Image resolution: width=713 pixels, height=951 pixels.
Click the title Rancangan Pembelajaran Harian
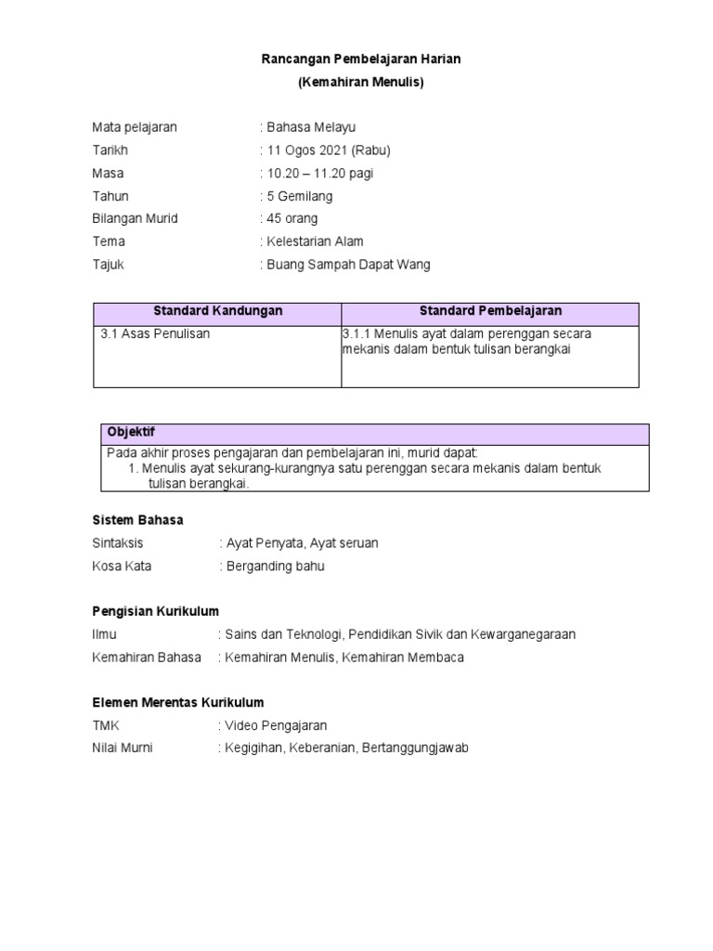[360, 59]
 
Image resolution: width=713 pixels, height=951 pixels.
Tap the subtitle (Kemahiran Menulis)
[360, 83]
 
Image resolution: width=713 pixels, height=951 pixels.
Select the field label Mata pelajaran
[134, 127]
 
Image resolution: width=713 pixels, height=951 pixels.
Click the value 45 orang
[292, 219]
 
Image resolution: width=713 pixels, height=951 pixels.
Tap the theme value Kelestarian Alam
[314, 241]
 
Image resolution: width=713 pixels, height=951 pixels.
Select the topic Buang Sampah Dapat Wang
[348, 265]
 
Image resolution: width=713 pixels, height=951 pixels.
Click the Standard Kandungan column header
[217, 311]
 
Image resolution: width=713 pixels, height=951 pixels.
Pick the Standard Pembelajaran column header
[490, 311]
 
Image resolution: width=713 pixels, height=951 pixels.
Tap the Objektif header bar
[375, 434]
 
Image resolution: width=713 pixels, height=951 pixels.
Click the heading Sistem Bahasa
[137, 520]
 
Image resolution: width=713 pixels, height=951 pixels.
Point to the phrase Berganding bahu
[275, 566]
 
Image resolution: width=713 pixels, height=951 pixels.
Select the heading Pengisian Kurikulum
[155, 611]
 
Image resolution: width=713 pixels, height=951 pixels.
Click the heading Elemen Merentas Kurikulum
[178, 703]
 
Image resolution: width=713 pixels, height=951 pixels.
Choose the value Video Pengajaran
[276, 725]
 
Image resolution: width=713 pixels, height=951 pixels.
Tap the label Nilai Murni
[123, 749]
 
